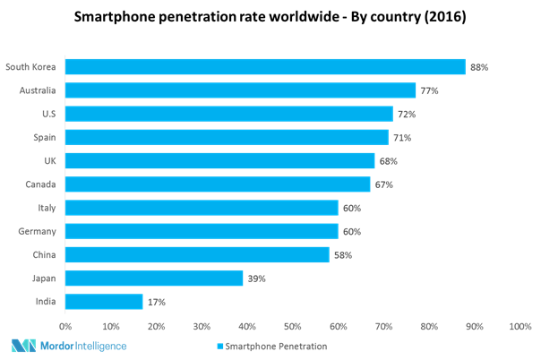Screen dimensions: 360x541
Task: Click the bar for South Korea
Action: (x=265, y=67)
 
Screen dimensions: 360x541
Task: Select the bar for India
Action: (x=104, y=302)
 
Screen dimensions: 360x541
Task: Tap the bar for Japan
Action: (x=154, y=279)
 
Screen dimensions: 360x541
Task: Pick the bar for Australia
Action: (x=240, y=90)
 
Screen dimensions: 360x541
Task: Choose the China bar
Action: (x=197, y=255)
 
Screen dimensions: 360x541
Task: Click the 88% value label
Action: (x=479, y=67)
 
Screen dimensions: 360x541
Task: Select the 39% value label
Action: (x=256, y=279)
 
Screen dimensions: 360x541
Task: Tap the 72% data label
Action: (x=407, y=114)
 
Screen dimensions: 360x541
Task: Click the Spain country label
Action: (x=44, y=137)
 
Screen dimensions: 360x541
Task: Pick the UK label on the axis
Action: (x=49, y=161)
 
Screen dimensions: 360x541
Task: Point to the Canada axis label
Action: (x=41, y=184)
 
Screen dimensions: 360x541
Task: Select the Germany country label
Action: (x=38, y=231)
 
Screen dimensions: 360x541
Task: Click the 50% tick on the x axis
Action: (x=293, y=327)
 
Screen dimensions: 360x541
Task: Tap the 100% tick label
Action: (x=520, y=327)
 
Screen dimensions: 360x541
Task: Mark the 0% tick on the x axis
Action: (x=65, y=327)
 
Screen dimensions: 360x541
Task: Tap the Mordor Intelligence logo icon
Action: (x=23, y=346)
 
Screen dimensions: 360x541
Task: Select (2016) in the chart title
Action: (x=443, y=17)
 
